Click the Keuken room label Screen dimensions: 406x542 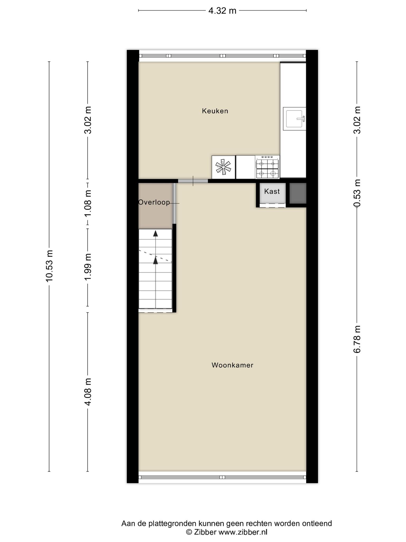coord(215,111)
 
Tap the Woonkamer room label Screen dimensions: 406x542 coord(232,365)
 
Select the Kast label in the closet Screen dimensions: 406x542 coord(272,191)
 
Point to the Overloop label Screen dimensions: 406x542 coord(154,202)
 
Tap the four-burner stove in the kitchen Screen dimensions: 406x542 coord(267,167)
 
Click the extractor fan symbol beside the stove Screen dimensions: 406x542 coord(223,167)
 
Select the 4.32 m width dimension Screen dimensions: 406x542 coord(222,11)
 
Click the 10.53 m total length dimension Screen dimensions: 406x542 coord(49,266)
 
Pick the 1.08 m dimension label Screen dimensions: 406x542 coord(88,203)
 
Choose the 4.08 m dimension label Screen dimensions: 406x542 coord(88,392)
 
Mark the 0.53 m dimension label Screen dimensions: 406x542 coord(357,193)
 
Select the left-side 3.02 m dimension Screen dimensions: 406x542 coord(88,120)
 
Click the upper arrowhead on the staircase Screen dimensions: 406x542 coord(155,233)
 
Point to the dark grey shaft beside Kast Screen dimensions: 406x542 coord(298,193)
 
